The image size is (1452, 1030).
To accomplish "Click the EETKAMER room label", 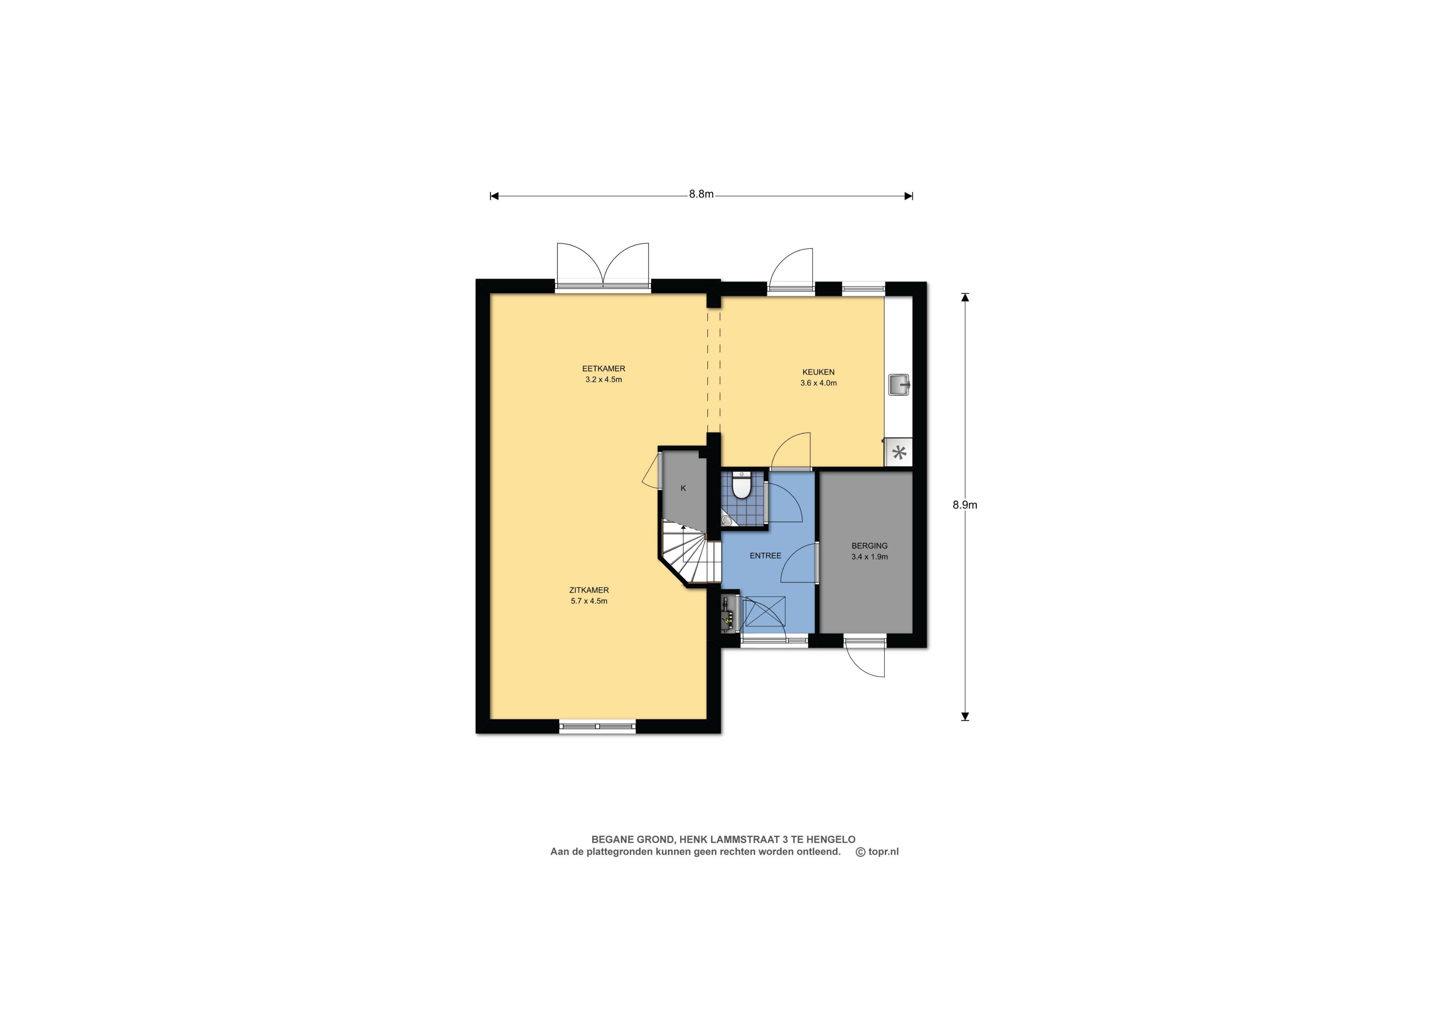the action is [604, 368].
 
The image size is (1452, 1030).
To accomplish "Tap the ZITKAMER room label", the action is [589, 590].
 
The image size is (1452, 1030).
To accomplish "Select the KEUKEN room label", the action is [819, 372].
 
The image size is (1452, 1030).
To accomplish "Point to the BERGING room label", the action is [869, 545].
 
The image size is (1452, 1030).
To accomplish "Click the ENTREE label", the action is [765, 556].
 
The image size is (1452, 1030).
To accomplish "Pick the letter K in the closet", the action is [683, 488].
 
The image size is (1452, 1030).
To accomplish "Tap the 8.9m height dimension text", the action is [965, 505].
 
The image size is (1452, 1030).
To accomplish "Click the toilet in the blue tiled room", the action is [741, 486].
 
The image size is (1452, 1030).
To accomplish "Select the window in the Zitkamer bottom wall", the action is [597, 727].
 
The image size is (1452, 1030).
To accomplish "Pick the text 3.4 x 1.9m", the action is [869, 557].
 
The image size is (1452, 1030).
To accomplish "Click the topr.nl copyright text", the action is [878, 852].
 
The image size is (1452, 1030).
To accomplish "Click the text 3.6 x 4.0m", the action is [819, 383].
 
